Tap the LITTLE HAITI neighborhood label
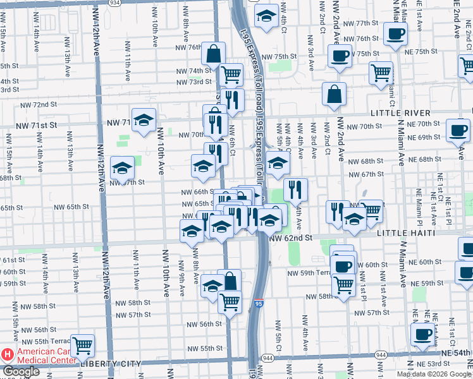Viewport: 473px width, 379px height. tap(407, 233)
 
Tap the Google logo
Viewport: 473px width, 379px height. tap(20, 372)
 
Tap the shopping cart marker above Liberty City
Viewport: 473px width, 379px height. tap(82, 346)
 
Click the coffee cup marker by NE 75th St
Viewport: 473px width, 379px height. tap(340, 56)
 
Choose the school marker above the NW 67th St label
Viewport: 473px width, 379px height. tap(122, 168)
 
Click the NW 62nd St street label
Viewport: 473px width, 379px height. tap(291, 238)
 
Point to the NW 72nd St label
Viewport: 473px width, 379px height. tap(39, 104)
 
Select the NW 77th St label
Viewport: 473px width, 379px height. tap(360, 23)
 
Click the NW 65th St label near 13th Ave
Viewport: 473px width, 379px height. tap(71, 207)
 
